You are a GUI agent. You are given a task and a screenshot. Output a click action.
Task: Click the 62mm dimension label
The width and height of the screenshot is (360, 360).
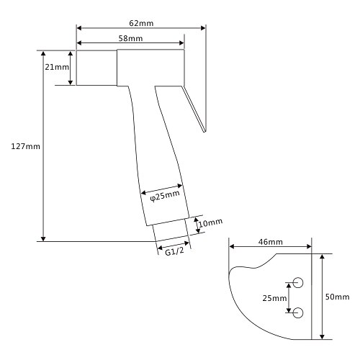(x=141, y=23)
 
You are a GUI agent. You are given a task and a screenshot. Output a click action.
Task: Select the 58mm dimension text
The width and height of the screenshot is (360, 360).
(x=130, y=38)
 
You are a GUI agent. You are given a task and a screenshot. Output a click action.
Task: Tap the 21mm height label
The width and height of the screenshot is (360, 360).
(x=57, y=67)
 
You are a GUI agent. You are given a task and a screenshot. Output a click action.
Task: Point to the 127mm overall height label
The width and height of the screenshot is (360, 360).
(x=25, y=146)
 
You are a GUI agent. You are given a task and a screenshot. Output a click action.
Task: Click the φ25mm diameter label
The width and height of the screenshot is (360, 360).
(x=165, y=196)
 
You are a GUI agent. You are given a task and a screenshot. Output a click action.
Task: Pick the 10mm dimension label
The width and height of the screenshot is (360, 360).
(x=210, y=222)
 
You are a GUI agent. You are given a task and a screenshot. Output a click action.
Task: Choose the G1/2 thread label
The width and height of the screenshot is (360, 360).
(x=174, y=251)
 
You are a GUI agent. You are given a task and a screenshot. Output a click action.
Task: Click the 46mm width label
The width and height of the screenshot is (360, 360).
(x=271, y=242)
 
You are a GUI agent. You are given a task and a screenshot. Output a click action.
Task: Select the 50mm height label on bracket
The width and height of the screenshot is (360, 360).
(x=337, y=297)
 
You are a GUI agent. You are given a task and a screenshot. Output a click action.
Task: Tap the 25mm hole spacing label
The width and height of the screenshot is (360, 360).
(x=274, y=298)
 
